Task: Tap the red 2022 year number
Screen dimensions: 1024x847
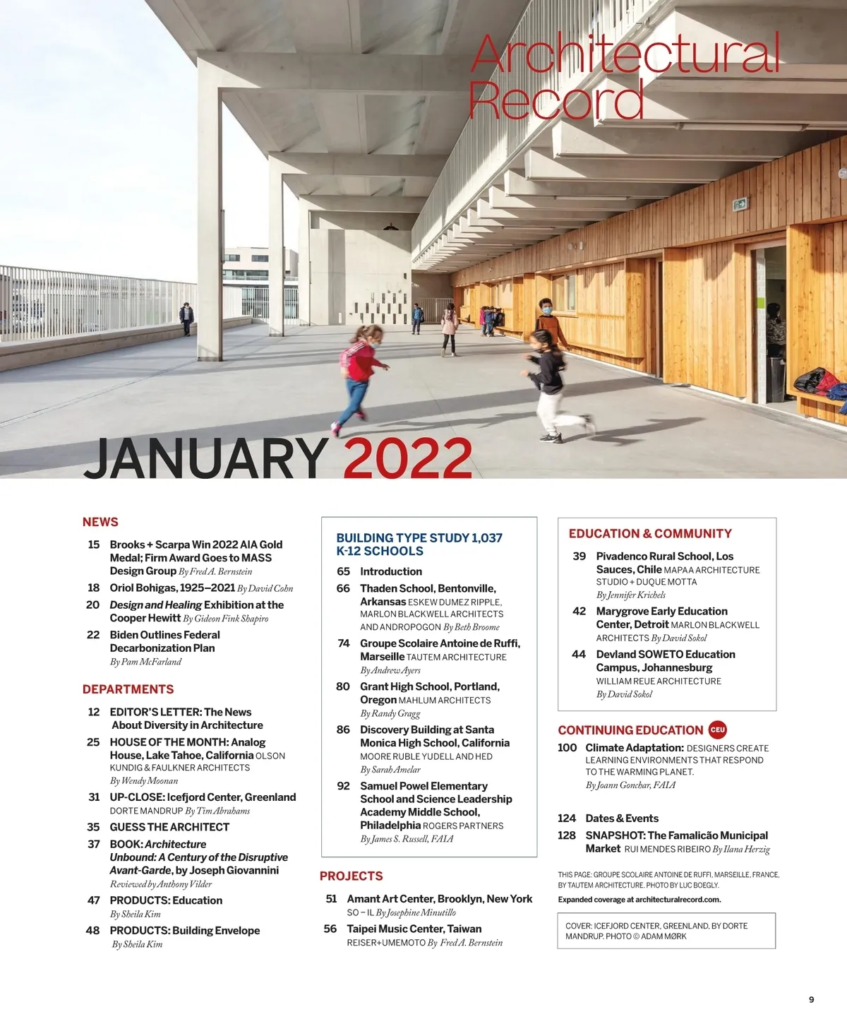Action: coord(408,459)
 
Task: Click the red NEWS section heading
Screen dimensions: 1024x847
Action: coord(100,522)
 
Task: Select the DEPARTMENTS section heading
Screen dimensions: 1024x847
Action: coord(128,689)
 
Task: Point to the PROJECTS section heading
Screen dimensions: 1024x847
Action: coord(351,876)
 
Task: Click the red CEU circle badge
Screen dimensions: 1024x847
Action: coord(717,730)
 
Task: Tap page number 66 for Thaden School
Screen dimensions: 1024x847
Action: coord(343,588)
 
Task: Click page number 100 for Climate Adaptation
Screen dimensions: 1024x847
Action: coord(567,748)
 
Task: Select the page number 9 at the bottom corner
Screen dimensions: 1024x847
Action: coord(811,999)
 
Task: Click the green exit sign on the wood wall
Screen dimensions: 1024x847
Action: coord(740,205)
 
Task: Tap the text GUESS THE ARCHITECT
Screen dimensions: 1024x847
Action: coord(169,827)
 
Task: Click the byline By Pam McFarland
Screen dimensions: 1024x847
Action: coord(145,662)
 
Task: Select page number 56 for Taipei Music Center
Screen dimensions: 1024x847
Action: coord(330,929)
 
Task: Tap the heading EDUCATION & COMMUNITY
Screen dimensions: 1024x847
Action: coord(650,534)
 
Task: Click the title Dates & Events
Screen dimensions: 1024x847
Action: coord(622,818)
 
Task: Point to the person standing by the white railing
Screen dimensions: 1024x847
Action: coord(186,318)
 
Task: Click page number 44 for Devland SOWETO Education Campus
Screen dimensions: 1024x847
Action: coord(579,655)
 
